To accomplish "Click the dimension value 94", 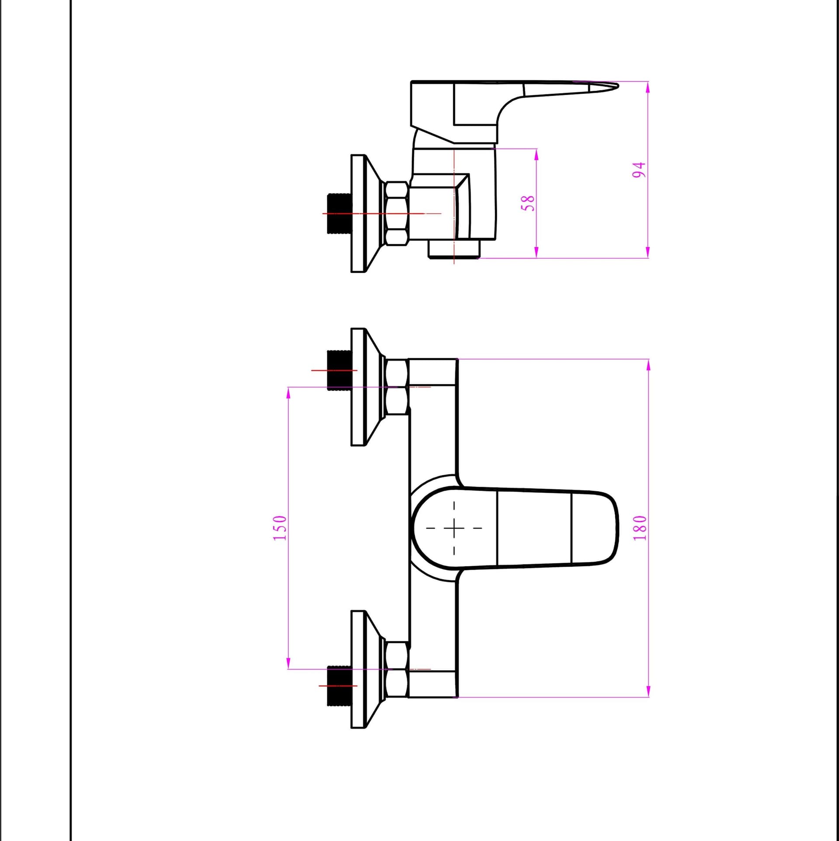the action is [639, 170].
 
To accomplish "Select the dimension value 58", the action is [529, 203].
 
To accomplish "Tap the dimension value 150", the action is [280, 528].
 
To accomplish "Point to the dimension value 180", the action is [640, 528].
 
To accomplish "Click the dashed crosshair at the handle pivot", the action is [454, 528].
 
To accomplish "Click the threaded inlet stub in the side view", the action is [339, 214].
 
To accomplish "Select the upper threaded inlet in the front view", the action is [339, 370].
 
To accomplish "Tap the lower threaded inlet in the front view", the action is [339, 685].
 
